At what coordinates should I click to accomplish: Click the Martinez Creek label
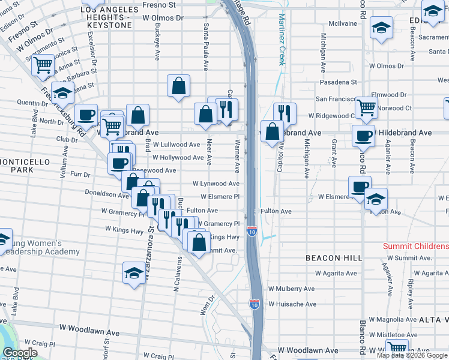click(x=280, y=41)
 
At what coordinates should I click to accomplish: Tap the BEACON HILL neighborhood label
click(x=334, y=257)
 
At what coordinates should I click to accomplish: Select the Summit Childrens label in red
click(x=416, y=247)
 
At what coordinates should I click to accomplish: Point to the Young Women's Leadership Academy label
click(x=40, y=248)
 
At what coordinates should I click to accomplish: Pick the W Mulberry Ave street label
click(x=292, y=289)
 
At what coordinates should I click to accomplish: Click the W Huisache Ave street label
click(x=292, y=304)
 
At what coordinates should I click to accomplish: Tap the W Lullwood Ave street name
click(x=176, y=145)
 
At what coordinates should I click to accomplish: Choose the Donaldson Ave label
click(x=107, y=195)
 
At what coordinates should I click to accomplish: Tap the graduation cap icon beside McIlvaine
click(x=381, y=28)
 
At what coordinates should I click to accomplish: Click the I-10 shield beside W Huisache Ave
click(x=255, y=304)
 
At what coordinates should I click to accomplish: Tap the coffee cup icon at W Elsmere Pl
click(x=359, y=186)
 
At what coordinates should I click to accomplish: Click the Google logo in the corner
click(x=20, y=353)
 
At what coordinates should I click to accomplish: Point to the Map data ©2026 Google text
click(x=412, y=355)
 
